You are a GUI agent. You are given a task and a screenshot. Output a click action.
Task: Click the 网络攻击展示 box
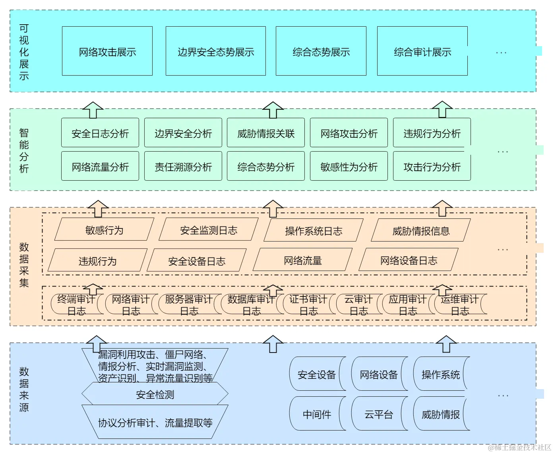107,51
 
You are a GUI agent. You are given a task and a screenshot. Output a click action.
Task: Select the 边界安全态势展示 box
215,51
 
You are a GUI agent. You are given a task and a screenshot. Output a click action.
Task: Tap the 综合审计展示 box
422,51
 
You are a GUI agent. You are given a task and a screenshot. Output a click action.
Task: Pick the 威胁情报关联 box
265,133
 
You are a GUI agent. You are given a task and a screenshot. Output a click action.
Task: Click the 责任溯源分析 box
183,166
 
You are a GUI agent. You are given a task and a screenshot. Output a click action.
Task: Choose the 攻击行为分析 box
432,166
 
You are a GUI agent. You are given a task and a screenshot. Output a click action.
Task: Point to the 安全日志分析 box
100,133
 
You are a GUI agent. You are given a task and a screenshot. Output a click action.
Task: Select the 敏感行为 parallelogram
104,230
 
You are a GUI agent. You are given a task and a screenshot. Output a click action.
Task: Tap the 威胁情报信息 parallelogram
420,230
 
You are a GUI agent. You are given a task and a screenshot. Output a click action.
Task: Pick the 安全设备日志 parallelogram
196,261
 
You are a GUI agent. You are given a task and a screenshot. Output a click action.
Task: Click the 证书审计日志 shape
308,305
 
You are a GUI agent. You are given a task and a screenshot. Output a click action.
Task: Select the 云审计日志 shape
358,305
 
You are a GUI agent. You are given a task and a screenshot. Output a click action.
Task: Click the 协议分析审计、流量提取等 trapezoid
155,422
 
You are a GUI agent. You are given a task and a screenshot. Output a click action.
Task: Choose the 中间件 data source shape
317,414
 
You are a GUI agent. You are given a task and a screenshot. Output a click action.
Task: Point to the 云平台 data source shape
378,414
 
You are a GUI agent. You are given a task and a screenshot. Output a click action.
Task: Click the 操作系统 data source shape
440,374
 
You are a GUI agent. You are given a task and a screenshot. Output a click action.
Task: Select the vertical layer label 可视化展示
24,52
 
